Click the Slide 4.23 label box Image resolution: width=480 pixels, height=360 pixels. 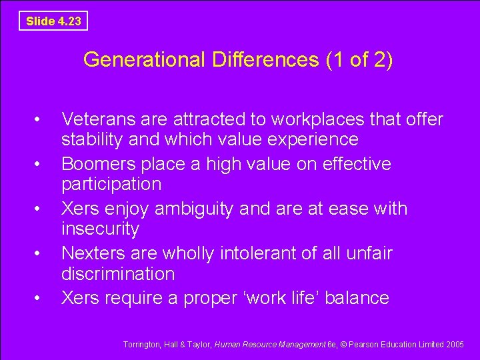click(x=53, y=21)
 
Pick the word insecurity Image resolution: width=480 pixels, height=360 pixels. click(x=100, y=229)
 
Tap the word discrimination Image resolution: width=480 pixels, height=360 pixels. click(x=117, y=274)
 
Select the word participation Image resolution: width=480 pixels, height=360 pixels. click(x=111, y=184)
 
